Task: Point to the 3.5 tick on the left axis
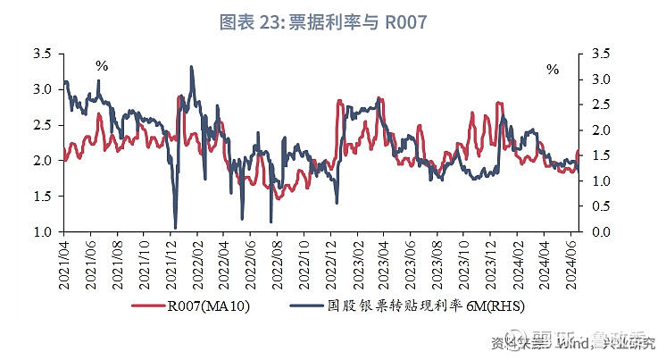pyautogui.click(x=40, y=54)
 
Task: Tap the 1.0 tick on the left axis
pyautogui.click(x=40, y=232)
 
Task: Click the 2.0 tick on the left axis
pyautogui.click(x=40, y=161)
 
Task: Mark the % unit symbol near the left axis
pyautogui.click(x=102, y=66)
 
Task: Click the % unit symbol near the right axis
pyautogui.click(x=553, y=70)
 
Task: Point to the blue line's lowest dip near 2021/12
pyautogui.click(x=175, y=228)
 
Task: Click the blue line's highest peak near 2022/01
pyautogui.click(x=191, y=67)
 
